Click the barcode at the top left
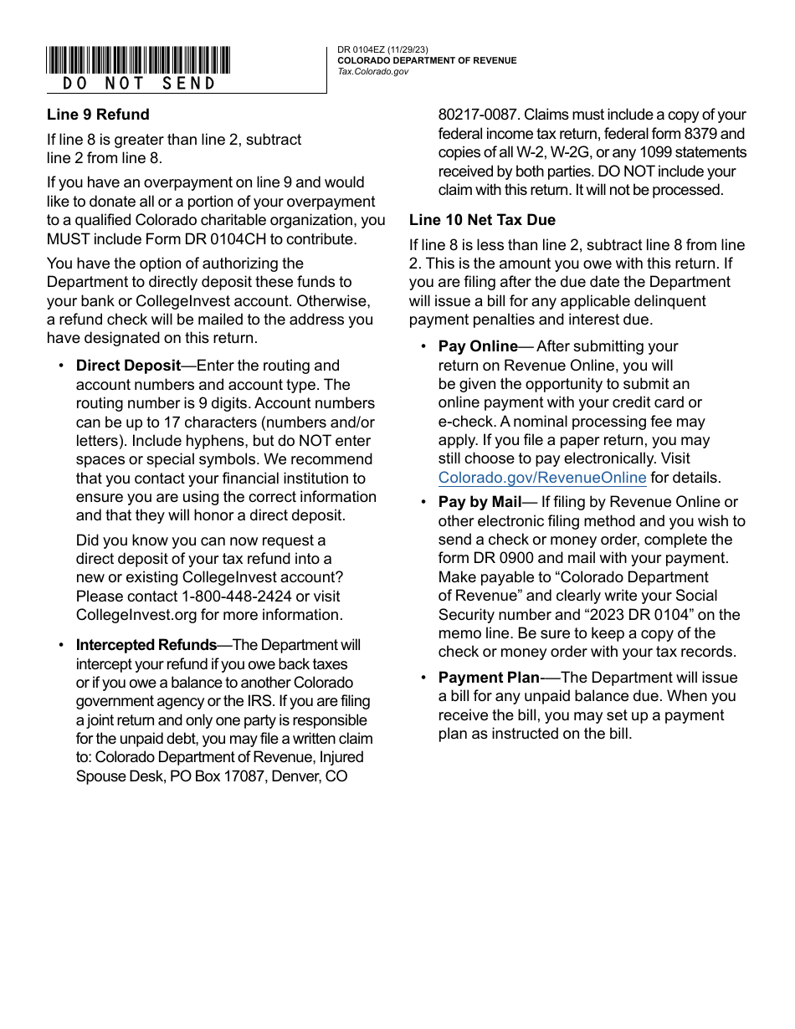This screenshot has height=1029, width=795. point(138,60)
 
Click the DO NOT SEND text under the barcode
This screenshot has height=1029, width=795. point(139,84)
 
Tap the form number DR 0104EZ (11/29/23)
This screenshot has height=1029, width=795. point(383,50)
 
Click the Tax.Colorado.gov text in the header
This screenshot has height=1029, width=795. point(373,72)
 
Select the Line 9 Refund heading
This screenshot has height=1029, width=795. point(98,115)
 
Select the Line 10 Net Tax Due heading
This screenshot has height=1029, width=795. point(482,220)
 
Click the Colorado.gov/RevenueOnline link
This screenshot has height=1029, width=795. point(542,479)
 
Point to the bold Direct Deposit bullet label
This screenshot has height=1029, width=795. point(128,366)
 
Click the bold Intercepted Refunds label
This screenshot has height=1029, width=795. point(146,645)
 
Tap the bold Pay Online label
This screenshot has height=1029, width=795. point(478,346)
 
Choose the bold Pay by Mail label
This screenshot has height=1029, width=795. point(480,502)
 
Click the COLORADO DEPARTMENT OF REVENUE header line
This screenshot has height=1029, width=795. point(427,61)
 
